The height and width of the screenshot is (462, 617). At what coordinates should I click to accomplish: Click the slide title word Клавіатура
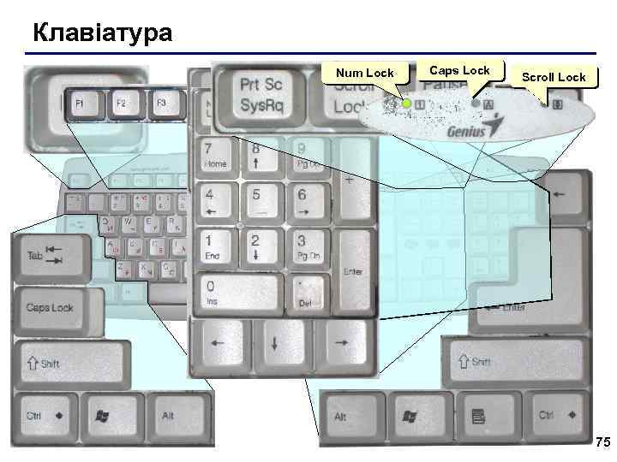click(102, 33)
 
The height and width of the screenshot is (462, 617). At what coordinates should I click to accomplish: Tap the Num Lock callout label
click(365, 74)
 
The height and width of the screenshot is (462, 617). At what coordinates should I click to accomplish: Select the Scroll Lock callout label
click(554, 77)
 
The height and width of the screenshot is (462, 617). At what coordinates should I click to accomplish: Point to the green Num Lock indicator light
click(407, 104)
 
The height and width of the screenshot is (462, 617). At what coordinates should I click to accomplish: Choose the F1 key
click(79, 104)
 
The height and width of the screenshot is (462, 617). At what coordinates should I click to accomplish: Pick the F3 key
click(161, 102)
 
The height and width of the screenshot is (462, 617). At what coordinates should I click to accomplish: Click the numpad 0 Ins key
click(237, 292)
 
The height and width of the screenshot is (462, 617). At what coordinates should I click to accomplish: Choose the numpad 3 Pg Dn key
click(308, 247)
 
